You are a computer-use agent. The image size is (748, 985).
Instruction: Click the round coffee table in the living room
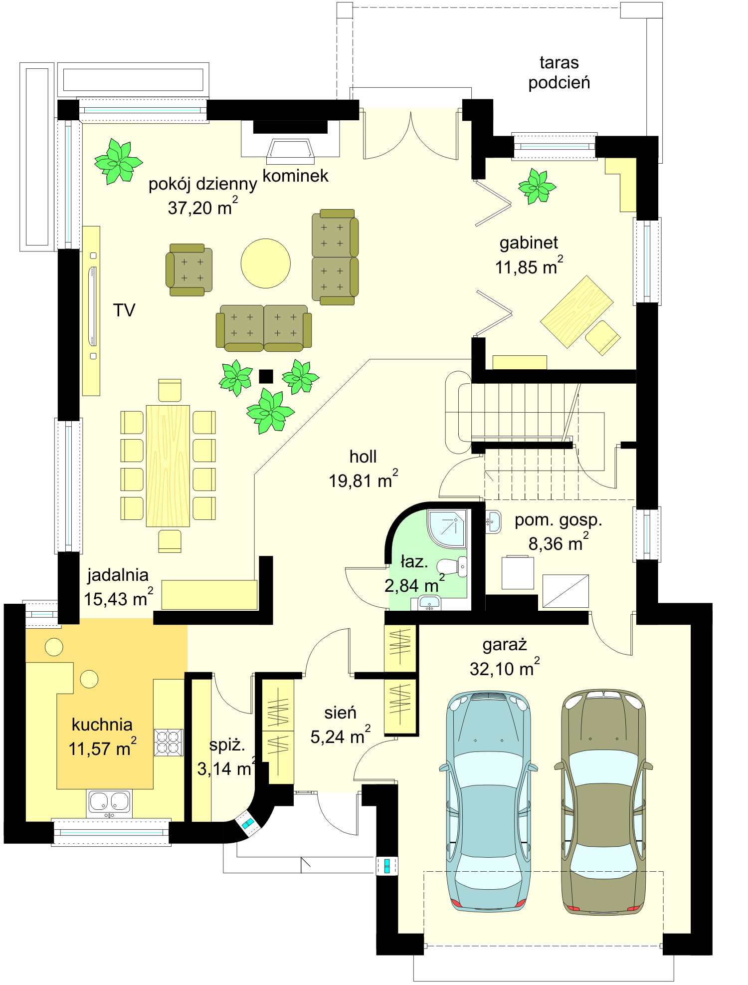(x=265, y=263)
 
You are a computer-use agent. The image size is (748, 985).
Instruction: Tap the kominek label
(x=295, y=176)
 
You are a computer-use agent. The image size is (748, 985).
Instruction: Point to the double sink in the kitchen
(x=110, y=803)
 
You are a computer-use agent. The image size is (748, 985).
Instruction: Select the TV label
(x=124, y=311)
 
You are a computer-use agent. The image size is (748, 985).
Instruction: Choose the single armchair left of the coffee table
(x=189, y=269)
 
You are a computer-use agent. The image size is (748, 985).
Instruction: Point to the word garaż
(x=505, y=645)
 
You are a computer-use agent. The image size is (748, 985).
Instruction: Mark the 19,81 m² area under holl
(x=363, y=480)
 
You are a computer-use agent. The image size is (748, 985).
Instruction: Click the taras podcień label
(x=559, y=72)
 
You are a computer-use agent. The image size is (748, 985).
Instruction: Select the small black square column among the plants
(x=266, y=376)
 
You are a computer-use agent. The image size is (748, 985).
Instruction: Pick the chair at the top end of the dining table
(x=170, y=390)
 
